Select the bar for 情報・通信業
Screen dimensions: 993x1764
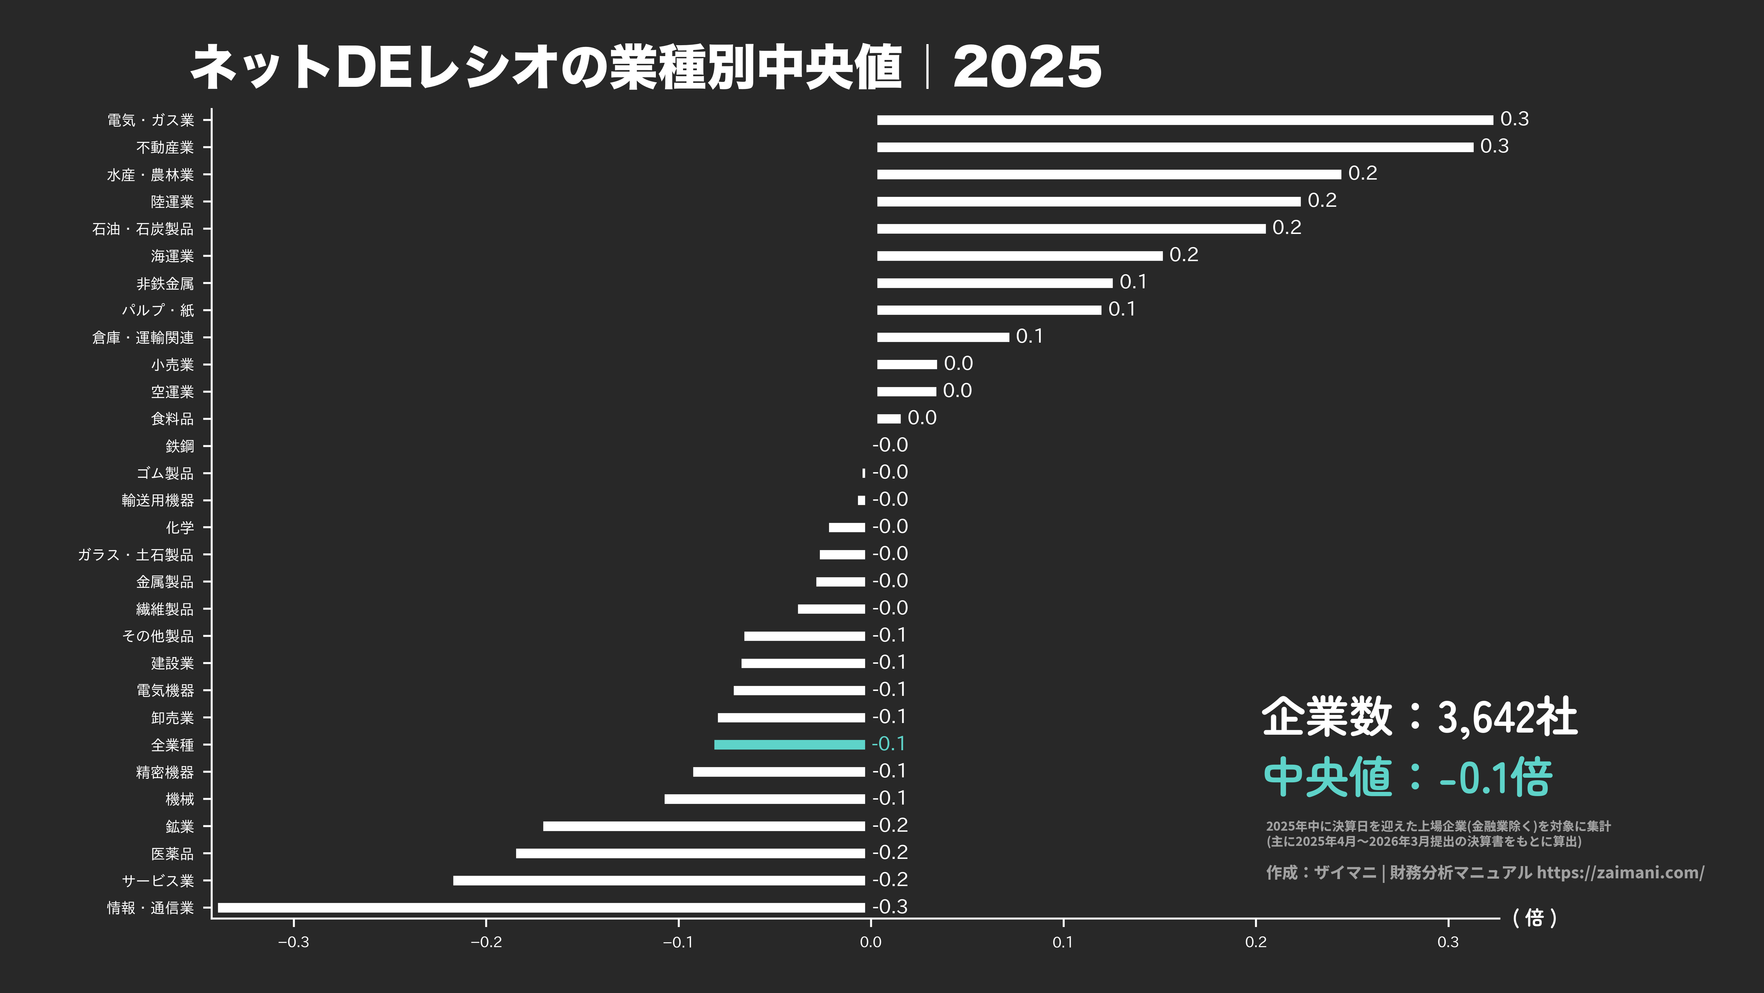[x=541, y=907]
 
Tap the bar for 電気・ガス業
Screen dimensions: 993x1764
[x=1185, y=120]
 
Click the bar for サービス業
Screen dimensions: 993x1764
[x=659, y=880]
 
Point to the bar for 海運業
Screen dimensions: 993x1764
[x=1020, y=255]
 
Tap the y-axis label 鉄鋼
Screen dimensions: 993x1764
[x=180, y=446]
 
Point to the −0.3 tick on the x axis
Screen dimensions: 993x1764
[x=293, y=942]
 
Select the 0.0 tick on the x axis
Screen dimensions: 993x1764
[x=870, y=942]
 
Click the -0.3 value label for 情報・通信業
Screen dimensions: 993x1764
[x=889, y=907]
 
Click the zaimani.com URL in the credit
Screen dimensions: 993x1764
[x=1620, y=872]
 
